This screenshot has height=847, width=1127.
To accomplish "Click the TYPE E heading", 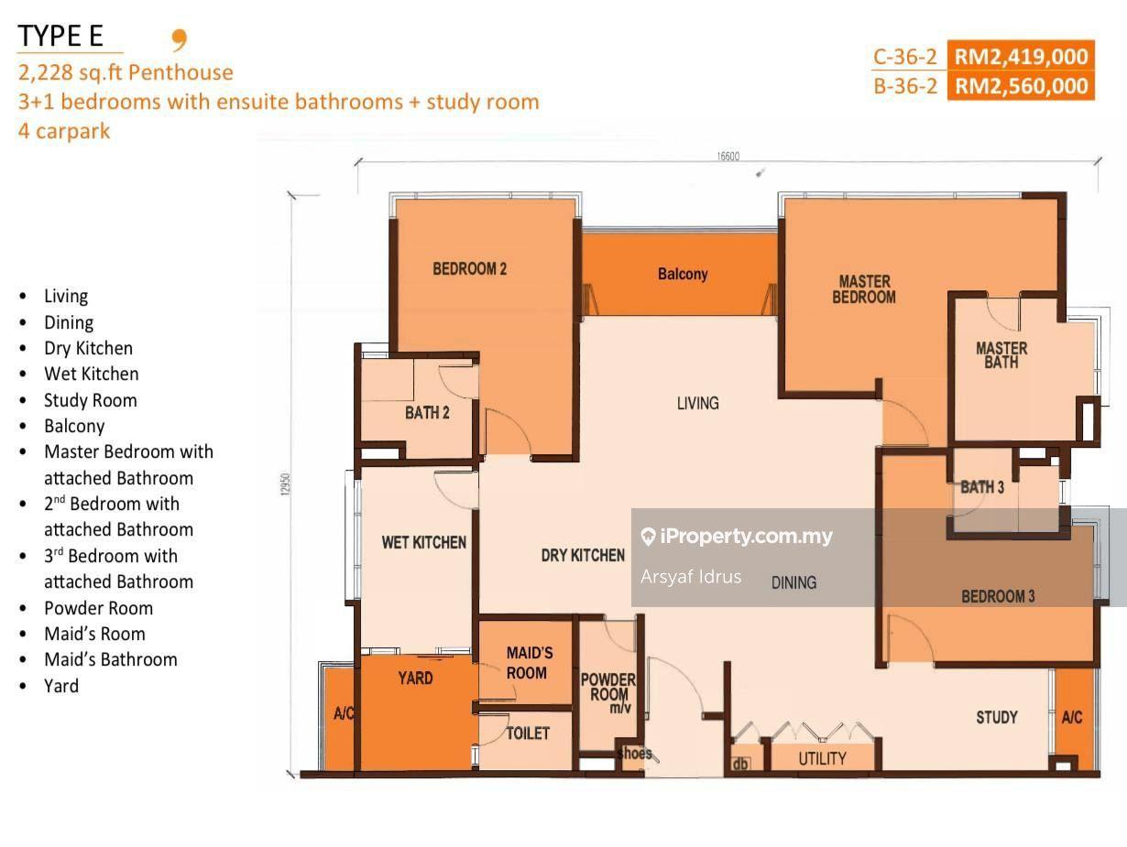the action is (x=60, y=36).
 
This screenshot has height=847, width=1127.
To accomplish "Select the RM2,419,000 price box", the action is (x=1021, y=56).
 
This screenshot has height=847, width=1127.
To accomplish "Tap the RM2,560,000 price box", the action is (x=1021, y=85).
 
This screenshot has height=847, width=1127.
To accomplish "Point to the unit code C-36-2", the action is (x=905, y=57).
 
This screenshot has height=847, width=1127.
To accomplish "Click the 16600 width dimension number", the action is (x=728, y=156).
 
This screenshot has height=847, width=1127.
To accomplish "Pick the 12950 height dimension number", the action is (x=286, y=483).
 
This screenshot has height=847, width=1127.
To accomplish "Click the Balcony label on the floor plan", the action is (x=683, y=274).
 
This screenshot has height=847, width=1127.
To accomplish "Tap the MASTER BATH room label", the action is (x=1001, y=355).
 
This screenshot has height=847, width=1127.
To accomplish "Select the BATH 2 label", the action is (x=427, y=412).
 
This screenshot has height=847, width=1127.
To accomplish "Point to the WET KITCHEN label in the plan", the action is (x=424, y=542).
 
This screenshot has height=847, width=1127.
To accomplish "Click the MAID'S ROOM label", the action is (x=530, y=663).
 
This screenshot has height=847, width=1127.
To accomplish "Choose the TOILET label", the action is (x=528, y=733).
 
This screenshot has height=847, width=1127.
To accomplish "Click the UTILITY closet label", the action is (x=822, y=758).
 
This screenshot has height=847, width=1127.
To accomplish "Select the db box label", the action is (x=739, y=764).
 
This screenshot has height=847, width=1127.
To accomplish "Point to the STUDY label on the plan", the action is (x=997, y=717).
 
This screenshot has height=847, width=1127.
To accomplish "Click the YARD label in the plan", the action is (x=415, y=679).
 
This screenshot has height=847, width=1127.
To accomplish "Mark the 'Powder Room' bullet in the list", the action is (x=99, y=608).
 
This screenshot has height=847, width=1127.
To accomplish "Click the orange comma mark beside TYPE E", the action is (x=180, y=40).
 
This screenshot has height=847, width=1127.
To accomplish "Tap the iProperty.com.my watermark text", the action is (x=746, y=536).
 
